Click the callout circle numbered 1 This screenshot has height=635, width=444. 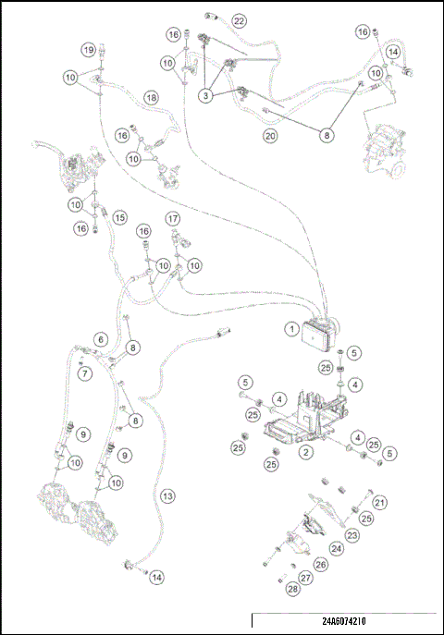(292, 329)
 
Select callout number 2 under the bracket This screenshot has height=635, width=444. (306, 452)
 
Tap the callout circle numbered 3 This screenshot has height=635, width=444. (205, 96)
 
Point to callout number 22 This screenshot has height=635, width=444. (239, 20)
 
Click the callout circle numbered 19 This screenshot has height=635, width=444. (89, 50)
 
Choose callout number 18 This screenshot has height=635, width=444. (152, 98)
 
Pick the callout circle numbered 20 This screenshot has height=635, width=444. (270, 136)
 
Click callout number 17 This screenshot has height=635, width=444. (173, 219)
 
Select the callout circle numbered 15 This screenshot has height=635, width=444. (120, 217)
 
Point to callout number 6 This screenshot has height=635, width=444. (101, 339)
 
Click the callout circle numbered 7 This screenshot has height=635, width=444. (85, 373)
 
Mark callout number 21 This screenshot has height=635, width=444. (379, 503)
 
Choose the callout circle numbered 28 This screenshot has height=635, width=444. (293, 589)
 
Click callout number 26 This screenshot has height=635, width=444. (321, 564)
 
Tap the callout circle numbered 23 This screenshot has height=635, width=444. (352, 535)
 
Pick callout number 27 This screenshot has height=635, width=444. (306, 578)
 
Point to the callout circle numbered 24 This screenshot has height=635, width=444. (337, 549)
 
